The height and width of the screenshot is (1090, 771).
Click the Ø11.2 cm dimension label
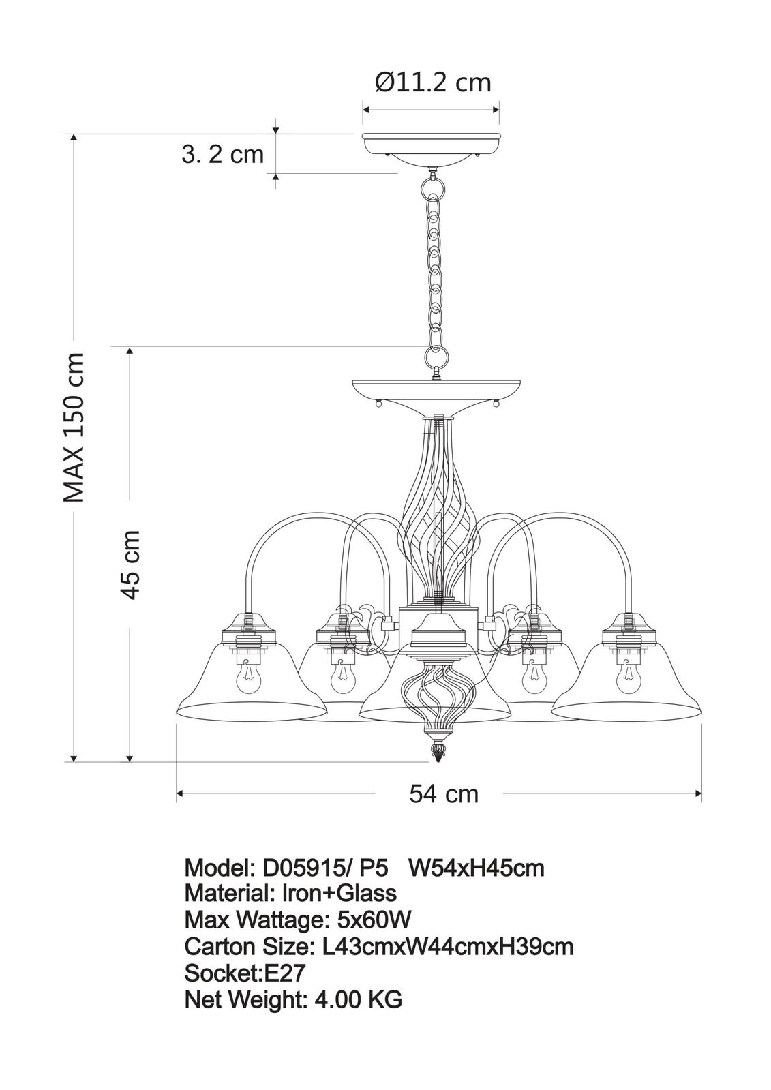(433, 82)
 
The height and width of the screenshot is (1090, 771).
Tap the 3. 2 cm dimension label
(223, 155)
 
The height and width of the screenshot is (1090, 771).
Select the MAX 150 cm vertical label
(75, 428)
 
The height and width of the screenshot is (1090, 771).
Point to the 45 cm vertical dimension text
(130, 564)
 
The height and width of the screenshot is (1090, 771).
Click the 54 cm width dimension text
(444, 794)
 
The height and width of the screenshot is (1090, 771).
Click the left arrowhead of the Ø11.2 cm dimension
(367, 109)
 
